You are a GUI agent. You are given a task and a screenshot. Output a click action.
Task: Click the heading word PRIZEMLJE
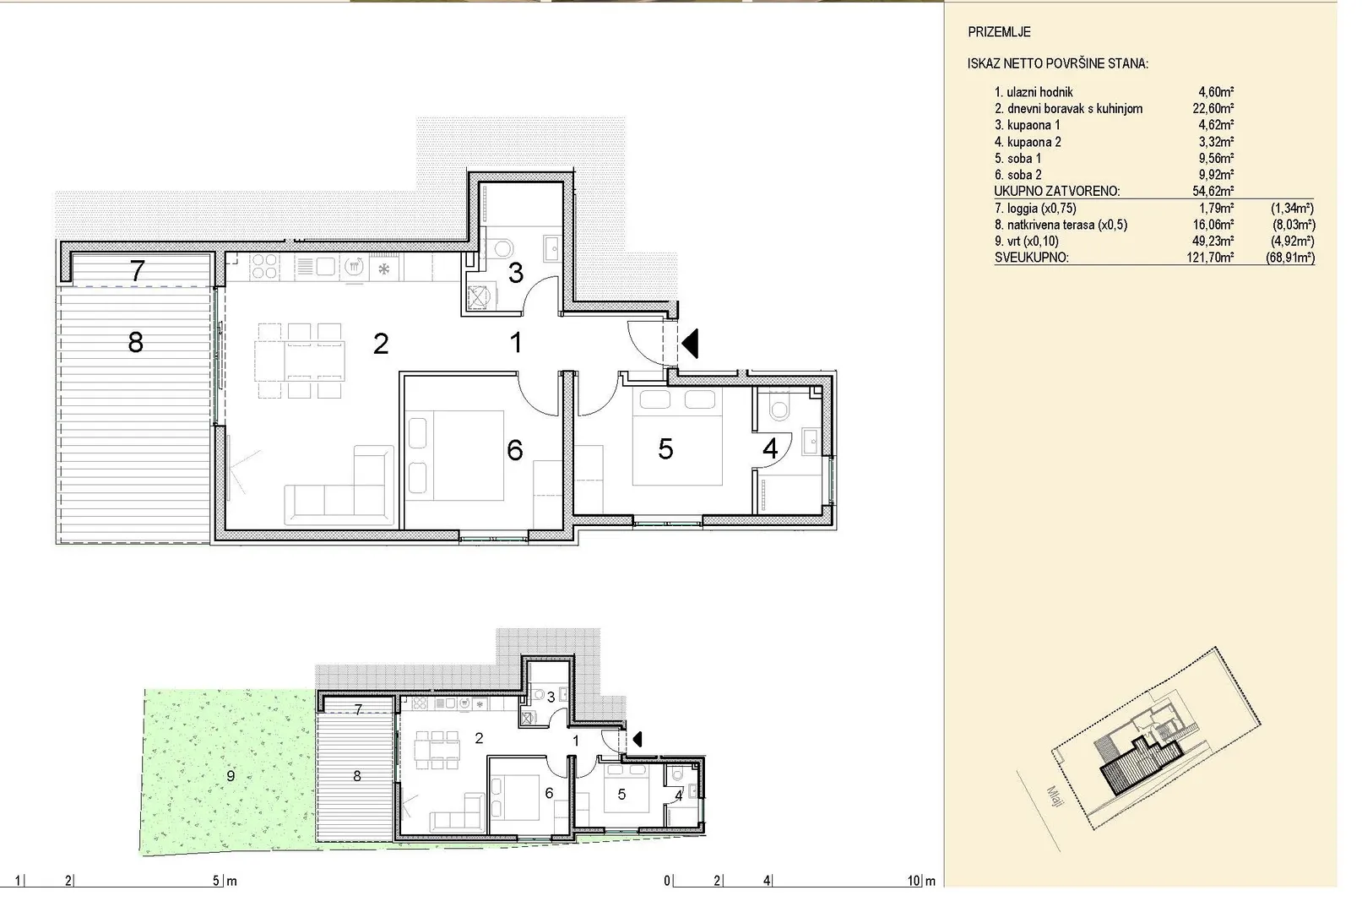pos(999,32)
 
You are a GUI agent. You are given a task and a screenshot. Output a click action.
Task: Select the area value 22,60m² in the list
pos(1213,109)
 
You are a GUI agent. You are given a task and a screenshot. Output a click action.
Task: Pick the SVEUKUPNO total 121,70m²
pos(1210,258)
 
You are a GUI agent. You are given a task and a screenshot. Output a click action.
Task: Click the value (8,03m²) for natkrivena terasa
pos(1294,225)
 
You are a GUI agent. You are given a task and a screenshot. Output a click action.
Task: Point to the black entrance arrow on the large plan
pos(690,344)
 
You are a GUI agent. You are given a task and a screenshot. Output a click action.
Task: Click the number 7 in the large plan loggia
pos(138,270)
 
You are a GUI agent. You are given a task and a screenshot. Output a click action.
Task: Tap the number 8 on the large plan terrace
pos(136,342)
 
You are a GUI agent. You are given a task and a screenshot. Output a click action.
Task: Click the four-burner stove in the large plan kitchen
pos(264,266)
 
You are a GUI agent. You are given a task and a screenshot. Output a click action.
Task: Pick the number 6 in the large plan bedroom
pos(514,451)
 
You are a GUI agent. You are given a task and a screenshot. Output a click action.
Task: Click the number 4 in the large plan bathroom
pos(770,449)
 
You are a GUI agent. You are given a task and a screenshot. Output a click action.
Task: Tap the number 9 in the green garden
pos(231,776)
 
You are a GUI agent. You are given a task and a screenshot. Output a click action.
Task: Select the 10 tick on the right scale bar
pos(914,881)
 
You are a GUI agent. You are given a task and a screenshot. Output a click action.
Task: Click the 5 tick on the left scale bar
pos(216,881)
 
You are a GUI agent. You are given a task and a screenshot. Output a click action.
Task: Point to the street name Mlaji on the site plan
pos(1055,796)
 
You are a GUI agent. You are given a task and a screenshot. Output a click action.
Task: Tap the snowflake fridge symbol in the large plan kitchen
pos(383,269)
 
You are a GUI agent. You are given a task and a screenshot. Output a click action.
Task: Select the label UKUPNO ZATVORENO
pos(1057,192)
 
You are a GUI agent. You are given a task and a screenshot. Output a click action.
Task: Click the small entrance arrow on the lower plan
pos(638,740)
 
